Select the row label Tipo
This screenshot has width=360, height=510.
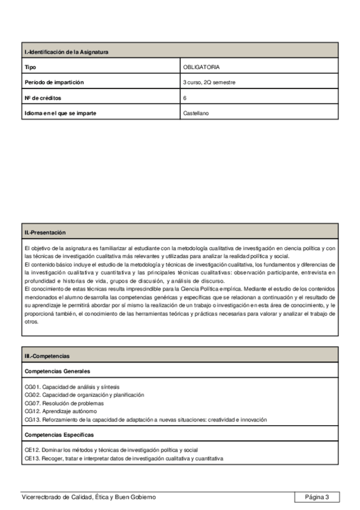(29, 67)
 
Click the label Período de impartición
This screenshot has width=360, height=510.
(54, 82)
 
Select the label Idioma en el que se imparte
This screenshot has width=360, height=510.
(60, 112)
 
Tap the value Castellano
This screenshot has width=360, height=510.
(196, 112)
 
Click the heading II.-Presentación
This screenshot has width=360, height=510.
(45, 232)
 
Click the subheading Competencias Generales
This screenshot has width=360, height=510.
(57, 372)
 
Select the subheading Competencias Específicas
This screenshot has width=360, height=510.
(59, 434)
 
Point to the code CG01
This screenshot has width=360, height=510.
(32, 387)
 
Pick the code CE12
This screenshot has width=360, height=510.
(32, 450)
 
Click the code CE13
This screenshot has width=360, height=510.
(32, 458)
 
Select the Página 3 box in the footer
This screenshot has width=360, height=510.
(317, 497)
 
